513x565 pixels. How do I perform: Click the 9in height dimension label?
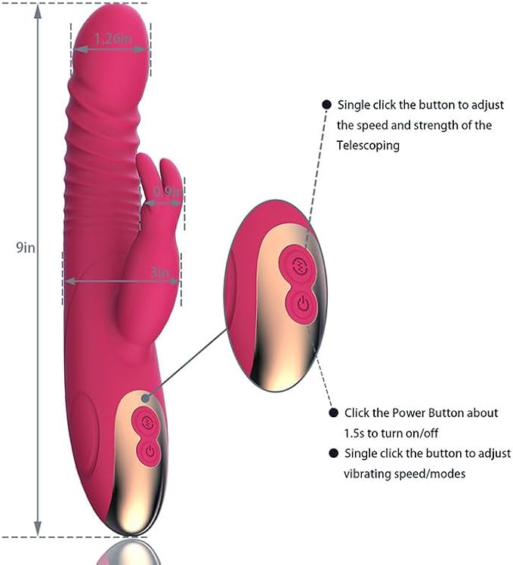[25, 247]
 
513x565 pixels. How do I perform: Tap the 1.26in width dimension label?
[113, 38]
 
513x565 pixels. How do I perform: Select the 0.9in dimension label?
[168, 192]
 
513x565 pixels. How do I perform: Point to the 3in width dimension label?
[160, 272]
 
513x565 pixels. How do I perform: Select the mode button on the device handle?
[147, 421]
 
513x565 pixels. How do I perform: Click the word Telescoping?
[368, 146]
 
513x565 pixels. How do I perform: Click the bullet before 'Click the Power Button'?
[334, 413]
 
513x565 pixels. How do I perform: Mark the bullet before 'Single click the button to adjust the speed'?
[326, 105]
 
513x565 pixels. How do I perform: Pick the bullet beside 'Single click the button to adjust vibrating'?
[334, 453]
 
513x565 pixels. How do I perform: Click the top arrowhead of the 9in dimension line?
[38, 11]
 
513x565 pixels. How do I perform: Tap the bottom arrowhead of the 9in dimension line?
[38, 529]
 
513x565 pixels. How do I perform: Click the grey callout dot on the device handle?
[146, 398]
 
